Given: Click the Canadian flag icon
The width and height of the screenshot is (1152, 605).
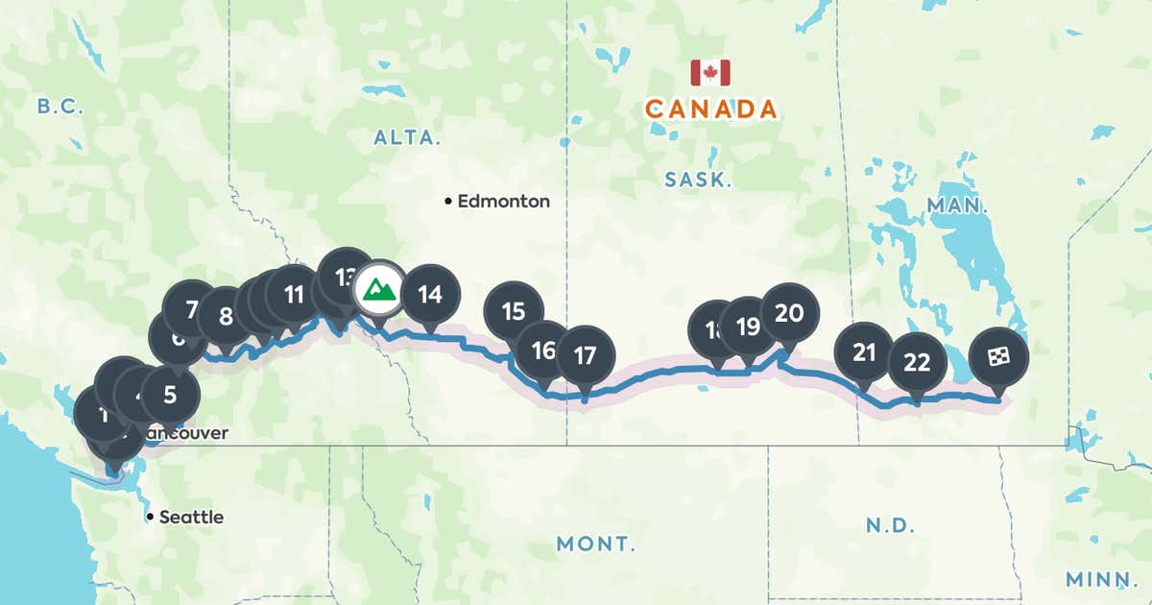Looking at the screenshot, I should [x=710, y=73].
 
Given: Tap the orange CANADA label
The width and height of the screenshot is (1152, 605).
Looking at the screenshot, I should [x=710, y=109].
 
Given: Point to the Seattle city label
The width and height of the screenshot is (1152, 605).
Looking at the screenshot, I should [x=190, y=517].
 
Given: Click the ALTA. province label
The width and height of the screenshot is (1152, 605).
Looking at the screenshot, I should [x=407, y=137].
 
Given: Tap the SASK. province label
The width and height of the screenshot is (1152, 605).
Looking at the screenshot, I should [x=698, y=179].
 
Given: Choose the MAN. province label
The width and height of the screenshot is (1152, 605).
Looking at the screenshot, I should [x=957, y=205].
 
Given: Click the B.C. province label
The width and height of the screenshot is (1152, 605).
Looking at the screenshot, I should [x=60, y=107].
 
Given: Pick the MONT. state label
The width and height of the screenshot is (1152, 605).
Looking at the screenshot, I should [x=595, y=544].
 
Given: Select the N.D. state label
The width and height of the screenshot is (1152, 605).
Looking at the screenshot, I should [x=890, y=525].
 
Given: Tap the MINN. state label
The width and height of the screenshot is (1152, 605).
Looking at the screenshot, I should [x=1100, y=579].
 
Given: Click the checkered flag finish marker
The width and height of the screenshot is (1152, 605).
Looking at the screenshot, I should [x=998, y=356].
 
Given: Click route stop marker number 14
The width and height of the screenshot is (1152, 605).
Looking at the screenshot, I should [x=430, y=295].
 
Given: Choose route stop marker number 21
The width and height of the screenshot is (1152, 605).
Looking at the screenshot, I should [x=864, y=351].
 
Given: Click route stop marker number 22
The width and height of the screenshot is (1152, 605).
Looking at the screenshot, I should [x=917, y=362].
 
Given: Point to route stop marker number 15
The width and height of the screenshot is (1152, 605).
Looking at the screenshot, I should [x=514, y=310].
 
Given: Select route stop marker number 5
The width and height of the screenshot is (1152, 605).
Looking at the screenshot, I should [x=170, y=394].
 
